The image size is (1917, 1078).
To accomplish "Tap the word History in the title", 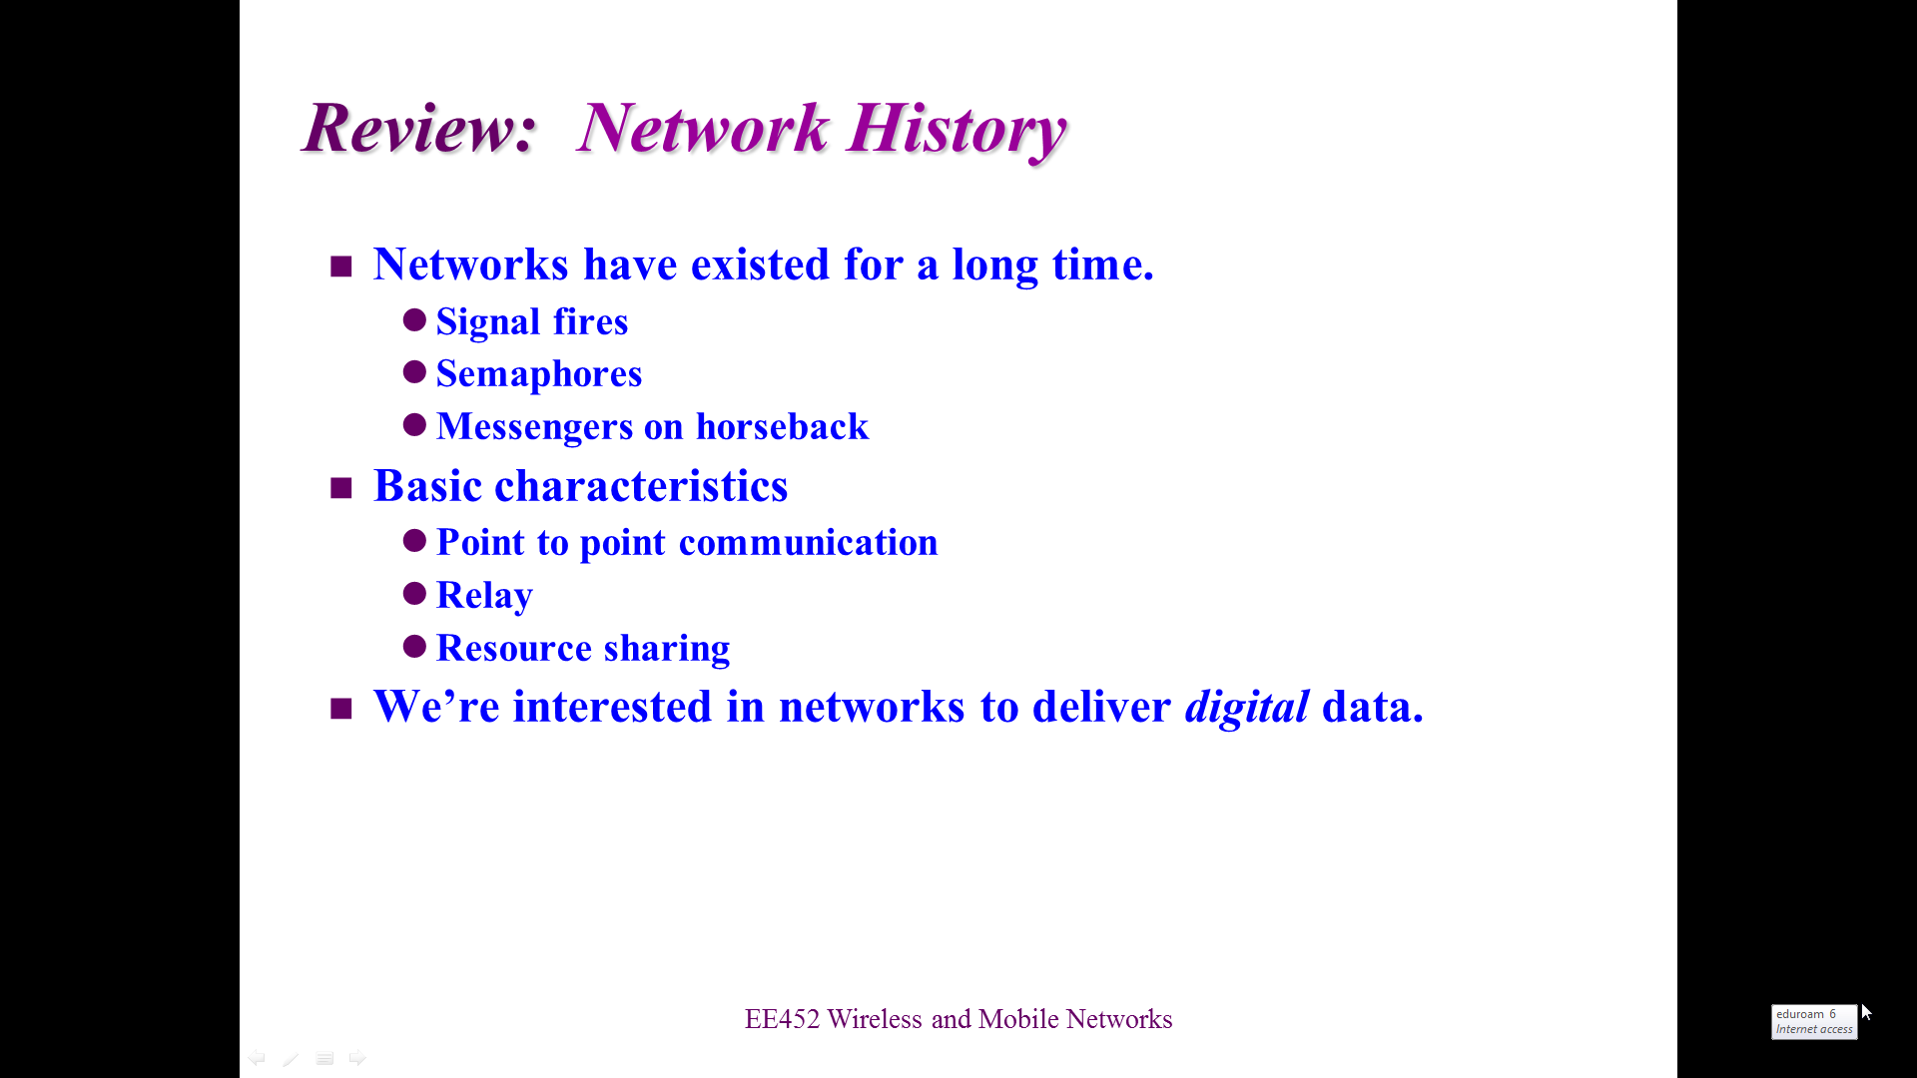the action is [x=957, y=130].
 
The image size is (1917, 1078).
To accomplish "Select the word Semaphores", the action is [x=539, y=374].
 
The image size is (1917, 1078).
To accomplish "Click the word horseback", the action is [x=782, y=426].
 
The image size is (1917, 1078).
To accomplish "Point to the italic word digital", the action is [x=1246, y=707].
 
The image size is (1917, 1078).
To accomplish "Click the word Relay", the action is [x=484, y=595].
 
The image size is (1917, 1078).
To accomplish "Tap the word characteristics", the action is [x=641, y=486].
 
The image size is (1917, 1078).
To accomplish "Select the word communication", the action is [x=808, y=542].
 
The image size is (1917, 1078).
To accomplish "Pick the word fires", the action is [x=591, y=321].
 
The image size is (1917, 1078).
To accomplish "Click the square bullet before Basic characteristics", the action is [x=341, y=488].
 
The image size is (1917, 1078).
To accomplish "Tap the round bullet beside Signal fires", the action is [x=414, y=319].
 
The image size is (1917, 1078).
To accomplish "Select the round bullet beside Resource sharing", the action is [x=414, y=646].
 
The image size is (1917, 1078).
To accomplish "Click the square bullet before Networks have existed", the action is [x=341, y=267].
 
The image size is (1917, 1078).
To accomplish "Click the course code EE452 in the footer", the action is [x=782, y=1019].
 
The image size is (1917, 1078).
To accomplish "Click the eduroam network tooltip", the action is [x=1814, y=1022].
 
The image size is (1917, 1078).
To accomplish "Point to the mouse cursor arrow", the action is [x=1866, y=1012].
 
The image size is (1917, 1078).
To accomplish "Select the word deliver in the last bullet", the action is [x=1101, y=707].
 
